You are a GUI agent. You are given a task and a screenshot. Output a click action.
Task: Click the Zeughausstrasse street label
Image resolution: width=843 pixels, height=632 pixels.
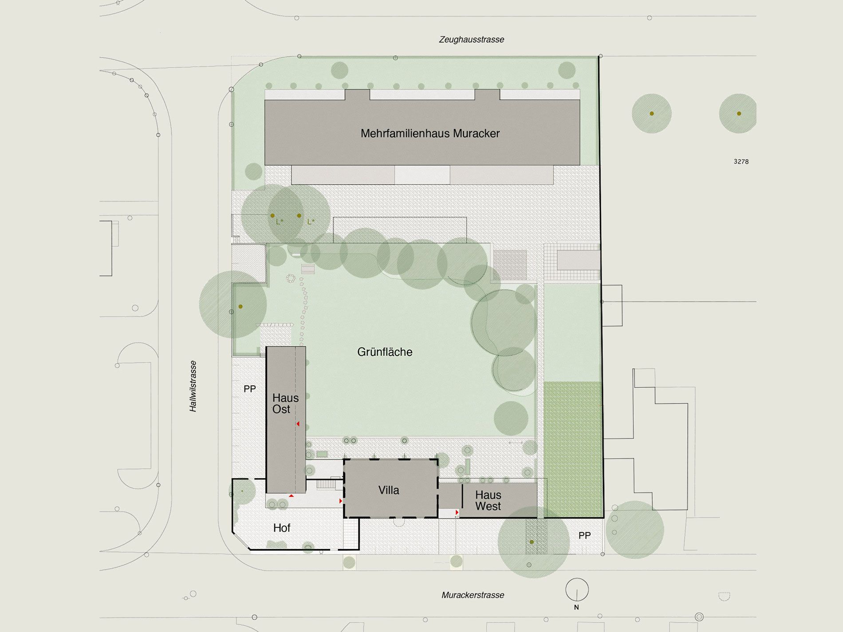click(471, 39)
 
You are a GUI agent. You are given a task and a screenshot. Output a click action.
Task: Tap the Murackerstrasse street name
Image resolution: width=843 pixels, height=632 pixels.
click(473, 595)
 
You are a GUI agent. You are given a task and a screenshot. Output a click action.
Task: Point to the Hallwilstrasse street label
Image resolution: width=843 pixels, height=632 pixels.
click(193, 386)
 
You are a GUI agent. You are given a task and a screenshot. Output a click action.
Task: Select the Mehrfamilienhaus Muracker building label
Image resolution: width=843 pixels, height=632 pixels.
click(430, 133)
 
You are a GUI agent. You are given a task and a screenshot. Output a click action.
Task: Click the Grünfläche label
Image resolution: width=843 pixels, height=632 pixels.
click(385, 352)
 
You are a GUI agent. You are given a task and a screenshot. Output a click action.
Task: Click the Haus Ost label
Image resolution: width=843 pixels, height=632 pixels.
click(285, 404)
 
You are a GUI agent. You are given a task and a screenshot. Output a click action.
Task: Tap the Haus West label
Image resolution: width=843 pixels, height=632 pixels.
click(488, 500)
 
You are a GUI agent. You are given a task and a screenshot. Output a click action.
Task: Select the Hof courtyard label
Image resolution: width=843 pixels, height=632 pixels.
click(282, 528)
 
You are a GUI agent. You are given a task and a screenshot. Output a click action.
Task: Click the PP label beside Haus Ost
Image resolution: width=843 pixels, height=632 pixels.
click(250, 389)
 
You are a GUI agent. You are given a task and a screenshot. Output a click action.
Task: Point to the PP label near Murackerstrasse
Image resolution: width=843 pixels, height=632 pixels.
click(584, 536)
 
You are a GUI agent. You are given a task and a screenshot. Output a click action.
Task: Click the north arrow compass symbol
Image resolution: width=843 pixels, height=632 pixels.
click(577, 590)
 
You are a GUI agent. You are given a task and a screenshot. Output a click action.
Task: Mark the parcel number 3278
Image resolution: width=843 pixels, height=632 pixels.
click(741, 162)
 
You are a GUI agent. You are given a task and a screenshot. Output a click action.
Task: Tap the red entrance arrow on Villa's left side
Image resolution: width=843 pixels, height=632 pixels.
click(341, 501)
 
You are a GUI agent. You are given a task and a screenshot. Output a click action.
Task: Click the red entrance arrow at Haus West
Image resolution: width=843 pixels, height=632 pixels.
click(457, 513)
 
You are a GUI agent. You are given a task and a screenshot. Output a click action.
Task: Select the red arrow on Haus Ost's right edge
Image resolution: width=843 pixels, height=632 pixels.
click(298, 424)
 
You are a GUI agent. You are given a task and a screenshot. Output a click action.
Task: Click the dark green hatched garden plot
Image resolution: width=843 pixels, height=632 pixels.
click(573, 449)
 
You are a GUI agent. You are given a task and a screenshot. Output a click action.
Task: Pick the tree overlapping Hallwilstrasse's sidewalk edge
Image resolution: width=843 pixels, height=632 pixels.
click(233, 305)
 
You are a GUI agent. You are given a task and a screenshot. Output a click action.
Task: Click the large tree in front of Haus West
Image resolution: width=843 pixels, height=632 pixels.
click(533, 542)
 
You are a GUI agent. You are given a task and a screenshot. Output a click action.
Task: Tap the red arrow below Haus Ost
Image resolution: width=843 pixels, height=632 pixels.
click(291, 495)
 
